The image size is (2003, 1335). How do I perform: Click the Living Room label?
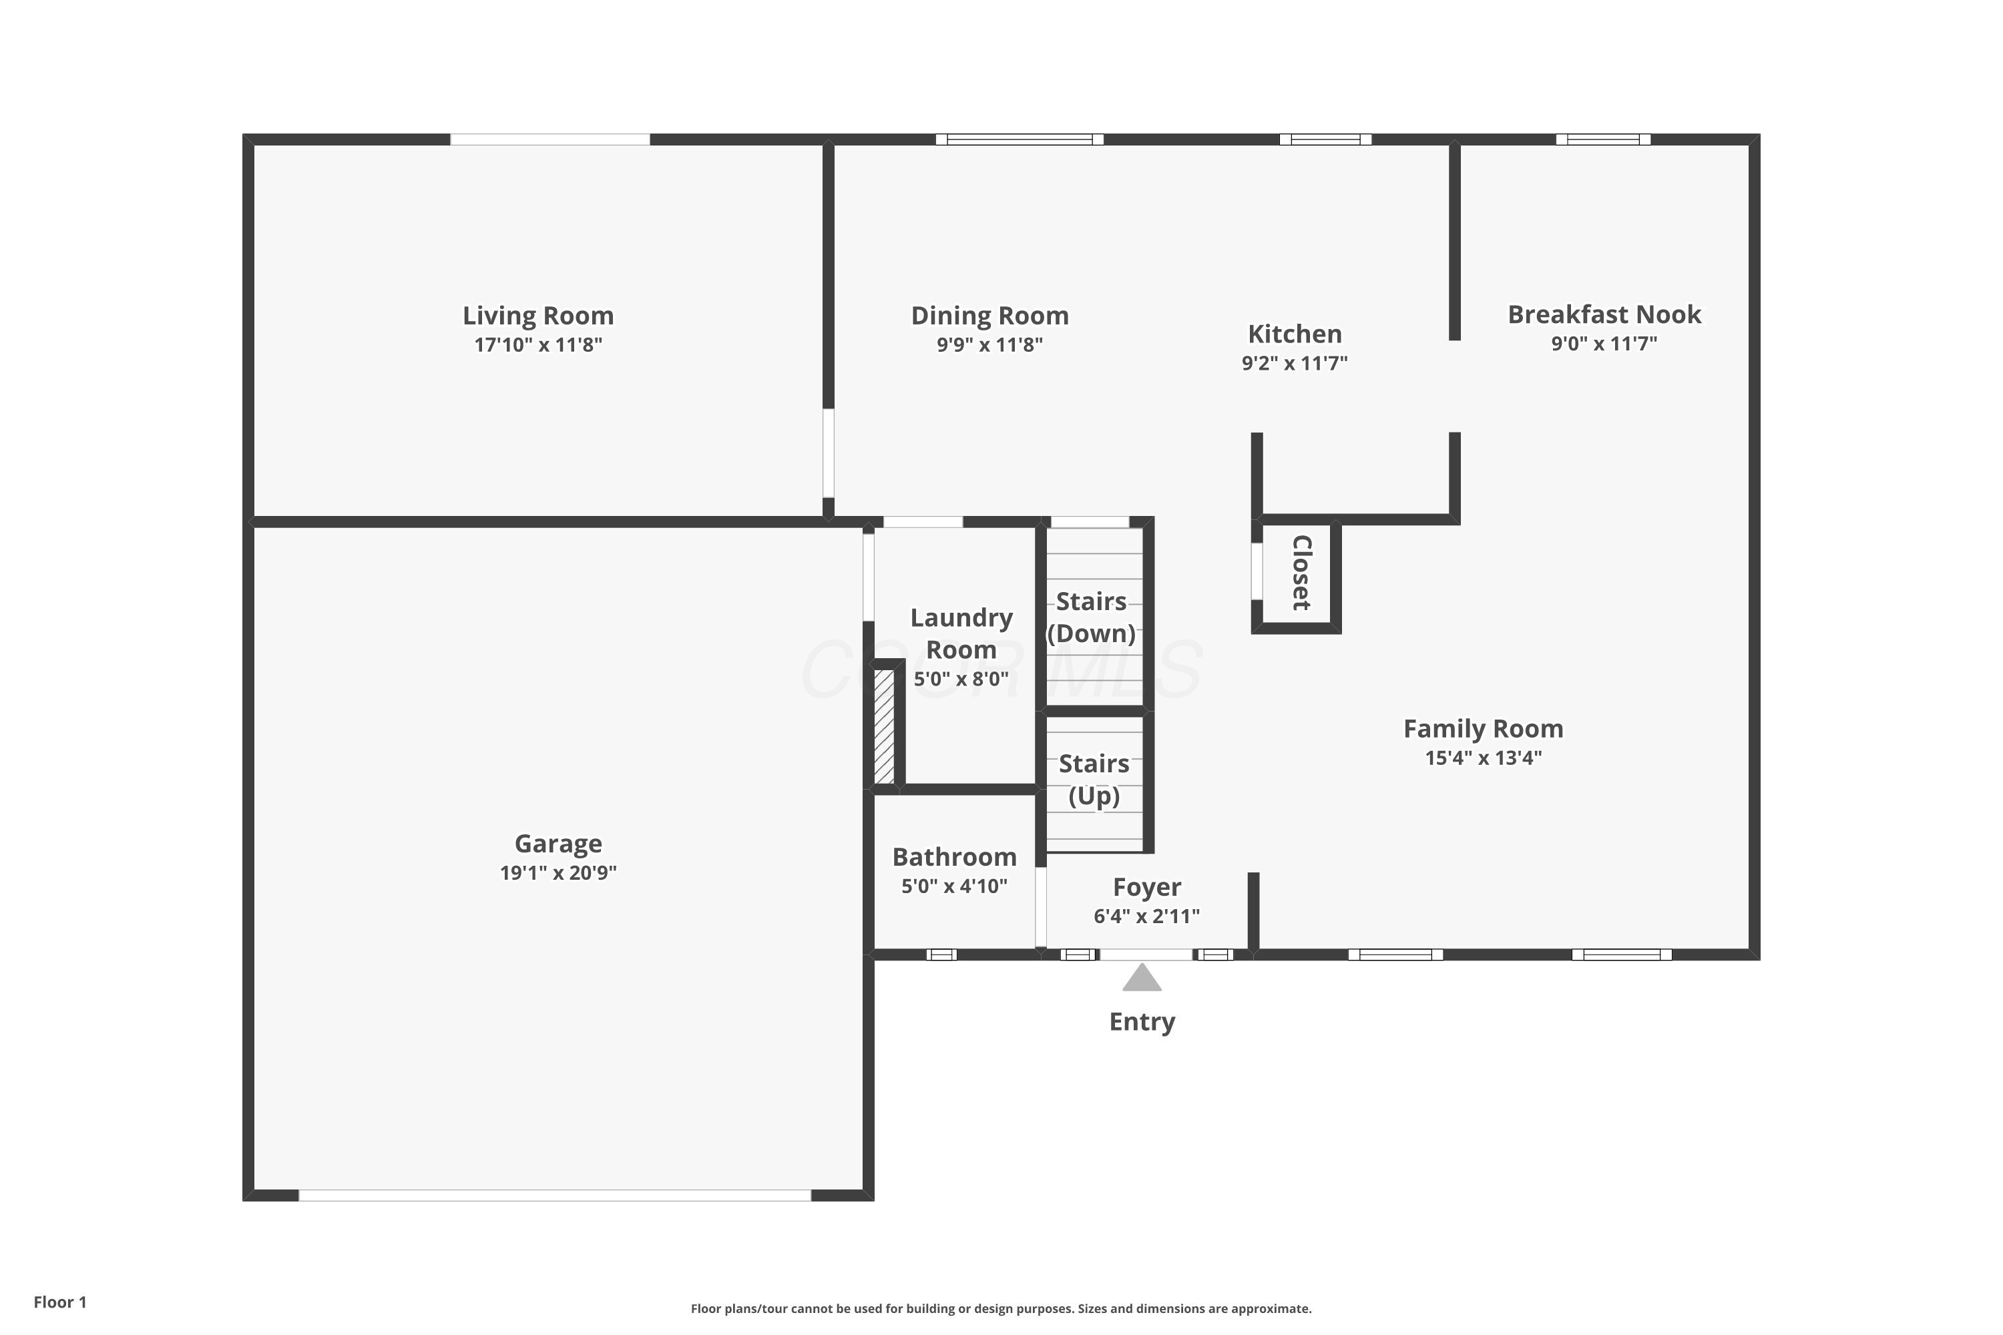538,316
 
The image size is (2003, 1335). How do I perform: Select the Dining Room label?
989,316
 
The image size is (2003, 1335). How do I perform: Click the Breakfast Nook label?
1604,314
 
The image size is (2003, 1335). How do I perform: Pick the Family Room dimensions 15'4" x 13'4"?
1484,758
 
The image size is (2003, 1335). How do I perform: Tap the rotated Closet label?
1301,572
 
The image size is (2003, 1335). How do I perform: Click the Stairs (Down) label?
1091,617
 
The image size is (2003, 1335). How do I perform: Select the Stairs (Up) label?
1094,779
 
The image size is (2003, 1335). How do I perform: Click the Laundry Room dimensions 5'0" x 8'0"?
961,679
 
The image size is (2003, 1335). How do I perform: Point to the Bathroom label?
955,856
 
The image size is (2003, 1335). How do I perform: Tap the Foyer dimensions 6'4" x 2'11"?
1146,916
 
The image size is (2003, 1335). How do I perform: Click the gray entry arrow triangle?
1142,977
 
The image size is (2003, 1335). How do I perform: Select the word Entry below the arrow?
1142,1022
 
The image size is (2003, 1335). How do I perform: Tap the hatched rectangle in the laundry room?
884,726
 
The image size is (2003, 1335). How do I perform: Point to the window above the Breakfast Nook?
1604,140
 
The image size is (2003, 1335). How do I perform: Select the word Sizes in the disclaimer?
1092,1308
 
